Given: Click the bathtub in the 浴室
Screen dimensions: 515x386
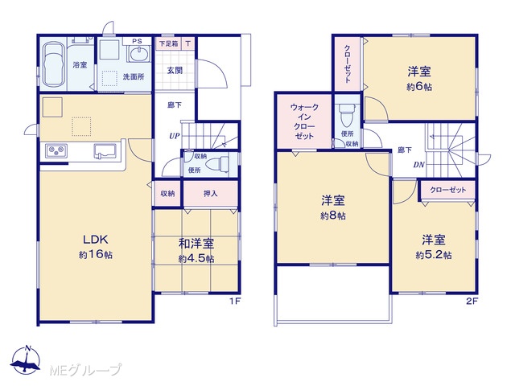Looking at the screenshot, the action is point(54,64).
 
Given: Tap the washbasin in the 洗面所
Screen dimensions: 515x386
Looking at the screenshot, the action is point(140,54).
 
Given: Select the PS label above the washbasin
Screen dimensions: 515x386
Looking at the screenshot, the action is point(138,41).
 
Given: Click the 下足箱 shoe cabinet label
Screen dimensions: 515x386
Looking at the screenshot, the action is point(168,43).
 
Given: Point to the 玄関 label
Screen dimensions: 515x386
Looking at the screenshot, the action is point(175,70).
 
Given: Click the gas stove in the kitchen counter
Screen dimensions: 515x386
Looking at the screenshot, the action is point(56,150).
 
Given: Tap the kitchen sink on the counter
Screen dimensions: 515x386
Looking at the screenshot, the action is point(105,150).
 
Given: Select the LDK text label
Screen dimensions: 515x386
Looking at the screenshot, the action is point(95,240).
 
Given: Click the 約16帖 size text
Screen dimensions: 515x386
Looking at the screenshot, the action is point(96,254).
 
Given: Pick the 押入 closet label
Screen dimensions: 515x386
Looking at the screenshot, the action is point(210,193).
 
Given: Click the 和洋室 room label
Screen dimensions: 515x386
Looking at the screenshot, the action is point(196,244).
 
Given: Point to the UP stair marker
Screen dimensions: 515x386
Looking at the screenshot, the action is point(175,136).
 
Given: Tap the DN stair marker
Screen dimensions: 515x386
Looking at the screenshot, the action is point(418,165).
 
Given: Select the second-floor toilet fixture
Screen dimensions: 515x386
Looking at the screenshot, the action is point(347,115).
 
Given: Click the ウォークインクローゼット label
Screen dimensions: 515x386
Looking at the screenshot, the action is point(304,121).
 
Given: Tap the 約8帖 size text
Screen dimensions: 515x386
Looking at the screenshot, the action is point(333,216).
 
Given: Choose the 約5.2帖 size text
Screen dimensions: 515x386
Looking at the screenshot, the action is point(434,255).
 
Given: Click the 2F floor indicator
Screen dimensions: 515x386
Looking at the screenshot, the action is point(472,301).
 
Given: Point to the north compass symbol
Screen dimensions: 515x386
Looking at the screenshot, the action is point(26,360).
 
